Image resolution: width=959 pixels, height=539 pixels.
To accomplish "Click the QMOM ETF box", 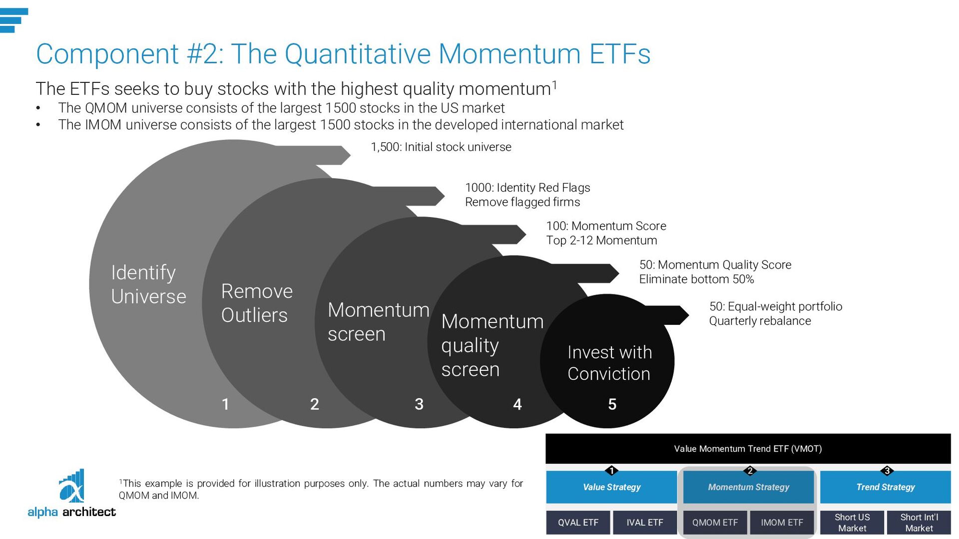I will [x=715, y=523].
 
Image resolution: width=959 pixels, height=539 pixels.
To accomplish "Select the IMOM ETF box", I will [x=782, y=523].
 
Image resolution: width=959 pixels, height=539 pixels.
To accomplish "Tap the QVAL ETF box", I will [x=578, y=523].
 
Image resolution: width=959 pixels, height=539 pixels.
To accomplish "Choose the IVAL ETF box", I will [x=645, y=523].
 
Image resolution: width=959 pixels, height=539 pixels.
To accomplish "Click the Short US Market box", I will [x=852, y=523].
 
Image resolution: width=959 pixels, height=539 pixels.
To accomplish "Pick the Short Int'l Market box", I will [x=919, y=523].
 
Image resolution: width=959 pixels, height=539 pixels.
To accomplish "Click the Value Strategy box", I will [x=611, y=487].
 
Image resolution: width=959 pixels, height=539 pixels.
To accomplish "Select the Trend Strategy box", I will [x=885, y=487].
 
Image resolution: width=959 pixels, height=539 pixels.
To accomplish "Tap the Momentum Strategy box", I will [x=748, y=487].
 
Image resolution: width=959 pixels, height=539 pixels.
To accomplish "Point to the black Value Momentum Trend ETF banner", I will [x=748, y=449].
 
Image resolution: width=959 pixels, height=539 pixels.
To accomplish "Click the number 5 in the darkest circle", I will [x=612, y=404].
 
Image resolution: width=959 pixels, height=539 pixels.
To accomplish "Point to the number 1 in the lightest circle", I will [x=225, y=404].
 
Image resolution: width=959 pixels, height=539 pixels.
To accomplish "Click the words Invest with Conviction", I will [x=609, y=363].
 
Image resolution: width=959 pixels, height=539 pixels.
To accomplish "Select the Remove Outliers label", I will [x=257, y=303].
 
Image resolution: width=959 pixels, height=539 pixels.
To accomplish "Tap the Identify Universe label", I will [x=148, y=284].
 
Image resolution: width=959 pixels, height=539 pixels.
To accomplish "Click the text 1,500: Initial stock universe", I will [x=441, y=147].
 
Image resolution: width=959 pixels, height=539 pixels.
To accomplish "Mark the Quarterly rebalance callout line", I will [x=760, y=321].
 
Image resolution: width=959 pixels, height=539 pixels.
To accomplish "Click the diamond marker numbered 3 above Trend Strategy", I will [x=887, y=471].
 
